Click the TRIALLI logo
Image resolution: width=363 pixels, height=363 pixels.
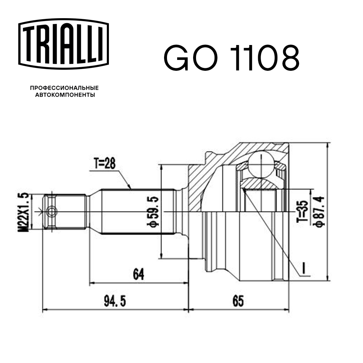64,44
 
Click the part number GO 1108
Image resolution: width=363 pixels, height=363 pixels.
232,58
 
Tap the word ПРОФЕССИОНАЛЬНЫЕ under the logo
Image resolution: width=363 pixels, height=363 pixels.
64,88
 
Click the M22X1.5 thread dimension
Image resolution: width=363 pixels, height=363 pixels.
24,212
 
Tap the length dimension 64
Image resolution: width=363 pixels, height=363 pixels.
138,274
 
